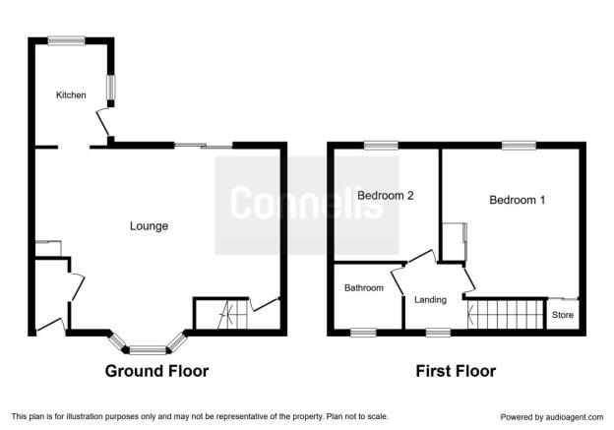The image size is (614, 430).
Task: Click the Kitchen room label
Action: (71, 95)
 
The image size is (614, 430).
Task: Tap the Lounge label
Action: (149, 226)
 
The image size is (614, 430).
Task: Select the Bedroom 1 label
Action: (517, 200)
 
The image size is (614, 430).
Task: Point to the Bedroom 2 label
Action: (386, 195)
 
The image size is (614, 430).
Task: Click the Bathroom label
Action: (364, 288)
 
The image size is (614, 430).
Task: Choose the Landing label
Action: (430, 300)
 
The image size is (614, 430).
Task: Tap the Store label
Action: (563, 315)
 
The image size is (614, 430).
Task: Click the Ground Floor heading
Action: (156, 371)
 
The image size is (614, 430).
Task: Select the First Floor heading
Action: (456, 371)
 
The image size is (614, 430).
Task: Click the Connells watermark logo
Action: (307, 206)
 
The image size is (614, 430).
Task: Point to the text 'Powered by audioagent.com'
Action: (552, 417)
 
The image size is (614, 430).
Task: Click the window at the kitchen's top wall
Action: (67, 40)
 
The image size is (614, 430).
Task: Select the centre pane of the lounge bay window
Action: (148, 349)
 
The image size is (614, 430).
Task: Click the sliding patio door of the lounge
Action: (204, 146)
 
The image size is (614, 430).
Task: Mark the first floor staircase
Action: (507, 315)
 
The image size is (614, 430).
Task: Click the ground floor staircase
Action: (233, 314)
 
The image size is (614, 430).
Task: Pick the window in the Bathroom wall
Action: (363, 333)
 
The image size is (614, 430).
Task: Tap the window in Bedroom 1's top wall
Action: (520, 146)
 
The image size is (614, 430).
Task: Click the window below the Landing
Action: (438, 333)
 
